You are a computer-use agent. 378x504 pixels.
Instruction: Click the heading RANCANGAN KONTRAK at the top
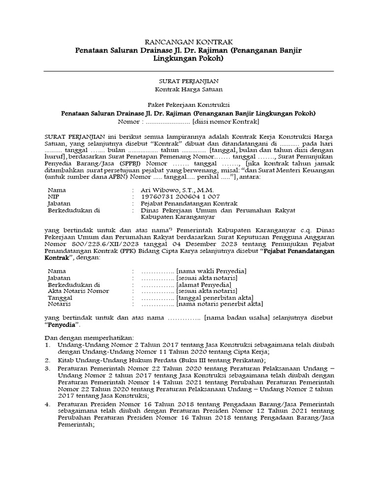point(188,42)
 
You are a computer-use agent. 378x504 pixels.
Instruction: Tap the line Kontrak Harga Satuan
point(188,89)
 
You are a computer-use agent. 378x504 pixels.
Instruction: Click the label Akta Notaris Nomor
point(78,290)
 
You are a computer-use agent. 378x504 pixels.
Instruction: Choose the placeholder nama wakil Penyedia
point(212,271)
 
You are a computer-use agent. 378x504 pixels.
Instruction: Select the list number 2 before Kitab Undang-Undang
point(47,360)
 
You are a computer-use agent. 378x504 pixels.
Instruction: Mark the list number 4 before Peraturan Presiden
point(47,405)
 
